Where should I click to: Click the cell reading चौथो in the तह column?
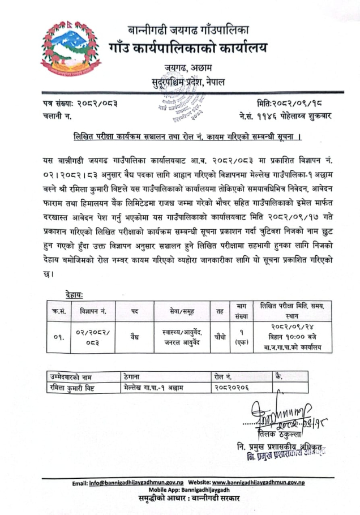[220, 336]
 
